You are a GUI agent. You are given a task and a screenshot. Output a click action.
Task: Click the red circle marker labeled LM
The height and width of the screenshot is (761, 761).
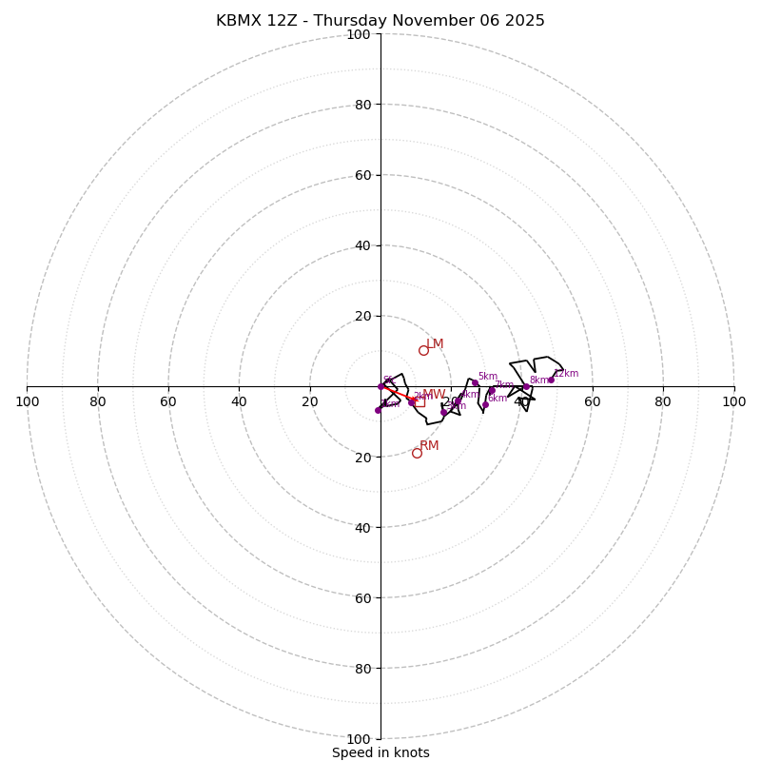coord(423,350)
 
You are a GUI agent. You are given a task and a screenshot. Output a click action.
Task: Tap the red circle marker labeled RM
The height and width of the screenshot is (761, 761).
coord(417,453)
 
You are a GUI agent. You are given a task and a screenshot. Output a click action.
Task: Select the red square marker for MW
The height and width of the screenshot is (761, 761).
coord(420,401)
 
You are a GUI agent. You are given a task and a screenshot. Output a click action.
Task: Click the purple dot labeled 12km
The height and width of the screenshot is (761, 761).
coord(551,380)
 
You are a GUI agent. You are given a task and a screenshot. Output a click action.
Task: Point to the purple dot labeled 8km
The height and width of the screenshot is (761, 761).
coord(526,387)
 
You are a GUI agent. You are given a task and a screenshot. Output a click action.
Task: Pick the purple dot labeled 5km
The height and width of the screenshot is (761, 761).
coord(475,382)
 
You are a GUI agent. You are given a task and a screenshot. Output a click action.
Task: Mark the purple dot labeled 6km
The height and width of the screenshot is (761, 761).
coord(485,405)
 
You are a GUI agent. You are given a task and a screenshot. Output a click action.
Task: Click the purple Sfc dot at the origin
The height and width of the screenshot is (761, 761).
coord(381,386)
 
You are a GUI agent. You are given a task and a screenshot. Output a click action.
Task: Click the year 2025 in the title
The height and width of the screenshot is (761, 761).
coord(525,21)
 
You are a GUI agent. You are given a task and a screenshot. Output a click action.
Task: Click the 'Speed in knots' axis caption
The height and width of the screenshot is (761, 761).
coord(380,752)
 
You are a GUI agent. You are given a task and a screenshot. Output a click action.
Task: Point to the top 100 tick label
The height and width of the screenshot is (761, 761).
coord(359,34)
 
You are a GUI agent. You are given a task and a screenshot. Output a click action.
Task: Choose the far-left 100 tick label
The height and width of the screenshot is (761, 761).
coord(27,401)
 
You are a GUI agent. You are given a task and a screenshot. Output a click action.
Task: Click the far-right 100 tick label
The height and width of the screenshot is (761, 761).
coord(733,401)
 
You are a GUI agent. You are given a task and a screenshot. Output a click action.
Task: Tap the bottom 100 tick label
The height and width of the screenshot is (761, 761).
coord(359,738)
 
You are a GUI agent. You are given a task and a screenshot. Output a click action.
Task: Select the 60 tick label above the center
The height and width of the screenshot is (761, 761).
coord(362,175)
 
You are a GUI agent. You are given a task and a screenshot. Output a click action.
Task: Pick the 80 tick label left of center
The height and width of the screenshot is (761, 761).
coord(98,401)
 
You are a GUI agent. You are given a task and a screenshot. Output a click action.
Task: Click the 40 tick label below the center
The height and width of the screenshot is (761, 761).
coord(362,527)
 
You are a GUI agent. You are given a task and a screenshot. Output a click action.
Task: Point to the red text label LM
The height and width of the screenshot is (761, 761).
coord(435,344)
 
